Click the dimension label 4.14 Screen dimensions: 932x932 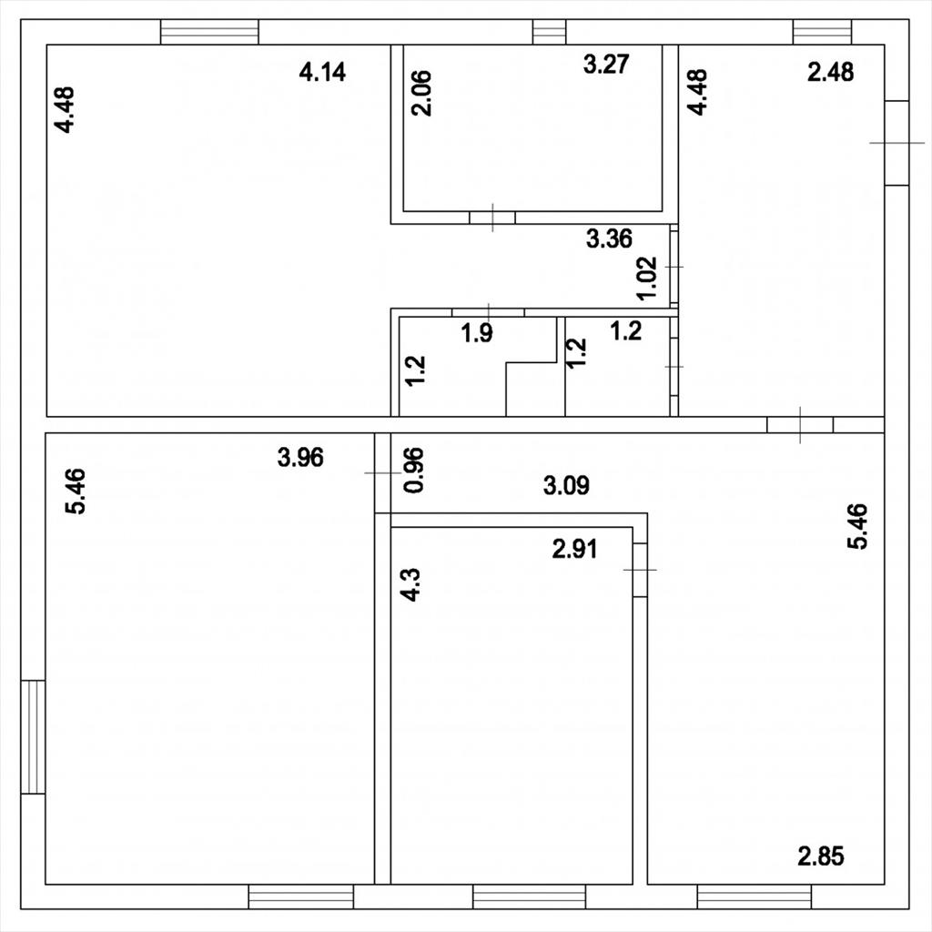[322, 72]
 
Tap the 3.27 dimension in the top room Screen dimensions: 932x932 [605, 65]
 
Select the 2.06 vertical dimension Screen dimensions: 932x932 [421, 93]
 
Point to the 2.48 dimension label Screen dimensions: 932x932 [830, 72]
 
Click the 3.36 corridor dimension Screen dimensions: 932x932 [609, 239]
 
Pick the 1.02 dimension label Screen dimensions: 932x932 [647, 279]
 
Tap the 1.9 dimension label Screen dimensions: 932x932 [477, 333]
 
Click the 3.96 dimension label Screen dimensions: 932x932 [300, 458]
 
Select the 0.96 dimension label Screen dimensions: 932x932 [414, 470]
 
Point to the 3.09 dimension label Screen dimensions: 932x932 [566, 486]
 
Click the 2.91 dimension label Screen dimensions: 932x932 [575, 549]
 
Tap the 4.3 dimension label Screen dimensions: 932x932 [410, 585]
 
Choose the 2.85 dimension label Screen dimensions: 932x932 [821, 856]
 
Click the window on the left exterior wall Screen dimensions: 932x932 [34, 736]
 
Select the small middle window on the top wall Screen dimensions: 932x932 [549, 32]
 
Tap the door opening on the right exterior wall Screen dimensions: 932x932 [897, 143]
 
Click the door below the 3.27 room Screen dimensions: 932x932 [492, 218]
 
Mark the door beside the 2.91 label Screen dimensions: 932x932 [640, 570]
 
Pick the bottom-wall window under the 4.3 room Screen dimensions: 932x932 [529, 897]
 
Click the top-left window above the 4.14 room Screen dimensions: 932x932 [210, 32]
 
